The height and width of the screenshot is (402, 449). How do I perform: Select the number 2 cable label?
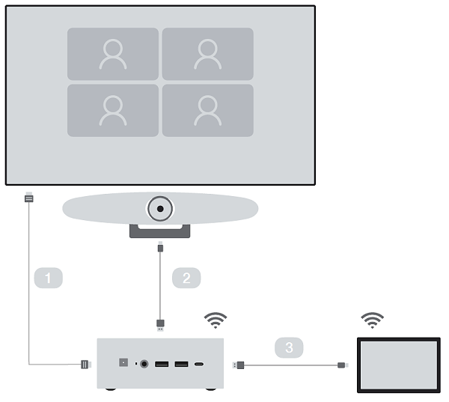186,278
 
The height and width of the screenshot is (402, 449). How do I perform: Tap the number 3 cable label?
289,347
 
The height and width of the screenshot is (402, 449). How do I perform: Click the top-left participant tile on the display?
113,54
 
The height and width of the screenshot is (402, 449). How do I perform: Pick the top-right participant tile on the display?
207,54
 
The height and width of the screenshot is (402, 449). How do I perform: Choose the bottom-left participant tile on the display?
113,110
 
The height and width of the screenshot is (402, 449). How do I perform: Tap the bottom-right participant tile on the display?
207,110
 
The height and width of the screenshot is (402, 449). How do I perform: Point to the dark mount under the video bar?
159,231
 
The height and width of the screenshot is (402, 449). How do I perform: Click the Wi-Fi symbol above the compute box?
216,320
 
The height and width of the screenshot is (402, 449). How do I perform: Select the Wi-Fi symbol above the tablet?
372,320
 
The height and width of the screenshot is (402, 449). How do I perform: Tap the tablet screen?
397,365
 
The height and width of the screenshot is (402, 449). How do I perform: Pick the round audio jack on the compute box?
144,365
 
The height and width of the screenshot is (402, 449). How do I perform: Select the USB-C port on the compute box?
199,365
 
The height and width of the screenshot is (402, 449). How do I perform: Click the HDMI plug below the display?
29,199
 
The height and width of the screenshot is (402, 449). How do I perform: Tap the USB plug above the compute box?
159,324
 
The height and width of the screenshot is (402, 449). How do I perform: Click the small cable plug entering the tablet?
343,365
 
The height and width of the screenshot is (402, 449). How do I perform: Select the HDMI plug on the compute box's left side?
85,365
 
